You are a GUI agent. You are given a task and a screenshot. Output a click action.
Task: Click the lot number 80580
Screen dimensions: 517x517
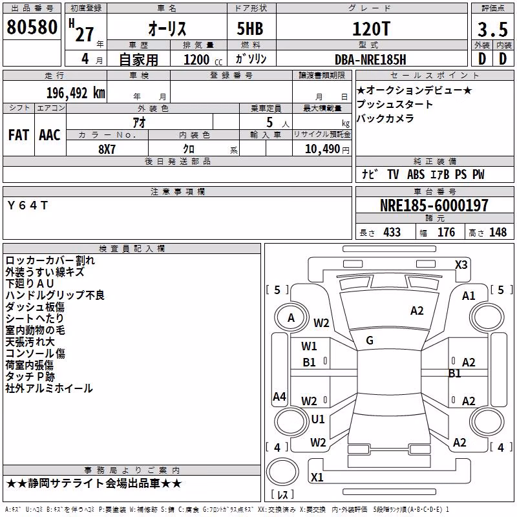point(32,26)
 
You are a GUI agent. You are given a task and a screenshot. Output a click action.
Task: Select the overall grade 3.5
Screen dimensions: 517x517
point(492,29)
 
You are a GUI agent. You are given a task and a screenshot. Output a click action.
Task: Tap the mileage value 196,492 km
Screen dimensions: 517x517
point(76,93)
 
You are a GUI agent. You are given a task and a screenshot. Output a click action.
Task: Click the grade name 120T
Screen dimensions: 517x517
point(371,28)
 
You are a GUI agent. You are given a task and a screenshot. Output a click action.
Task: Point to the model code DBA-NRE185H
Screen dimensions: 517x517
point(370,59)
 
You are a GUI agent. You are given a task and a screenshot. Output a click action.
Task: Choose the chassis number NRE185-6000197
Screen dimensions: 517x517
point(434,206)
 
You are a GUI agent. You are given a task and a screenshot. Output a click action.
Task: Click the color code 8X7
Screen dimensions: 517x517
point(107,149)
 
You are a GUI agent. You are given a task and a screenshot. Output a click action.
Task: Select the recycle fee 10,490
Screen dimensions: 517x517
point(322,149)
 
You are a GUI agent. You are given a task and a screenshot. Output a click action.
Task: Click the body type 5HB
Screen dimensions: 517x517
point(250,28)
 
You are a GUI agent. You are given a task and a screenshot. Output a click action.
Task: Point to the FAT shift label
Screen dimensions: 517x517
point(19,135)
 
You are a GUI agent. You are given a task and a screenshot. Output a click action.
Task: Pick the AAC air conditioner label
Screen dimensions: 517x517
point(50,135)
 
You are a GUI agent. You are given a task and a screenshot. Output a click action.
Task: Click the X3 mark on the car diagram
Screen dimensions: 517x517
point(461,265)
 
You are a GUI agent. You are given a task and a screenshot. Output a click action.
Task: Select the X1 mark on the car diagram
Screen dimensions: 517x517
point(317,477)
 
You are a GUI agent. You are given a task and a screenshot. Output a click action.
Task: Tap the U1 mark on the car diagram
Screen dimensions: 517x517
point(318,419)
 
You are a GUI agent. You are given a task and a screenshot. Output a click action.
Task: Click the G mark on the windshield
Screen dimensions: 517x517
point(370,341)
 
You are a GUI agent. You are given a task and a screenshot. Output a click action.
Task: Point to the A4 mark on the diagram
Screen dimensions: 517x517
point(279,396)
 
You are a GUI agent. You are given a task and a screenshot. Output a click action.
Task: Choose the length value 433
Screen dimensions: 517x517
point(392,232)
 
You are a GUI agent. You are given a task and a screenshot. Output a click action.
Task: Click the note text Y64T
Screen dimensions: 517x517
point(28,206)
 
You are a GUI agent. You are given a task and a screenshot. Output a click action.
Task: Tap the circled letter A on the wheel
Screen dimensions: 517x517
point(291,318)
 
